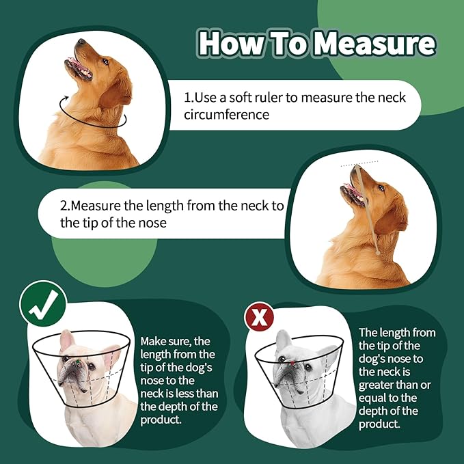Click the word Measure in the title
[375, 43]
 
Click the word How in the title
[229, 43]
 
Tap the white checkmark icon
[42, 304]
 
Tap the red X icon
[259, 317]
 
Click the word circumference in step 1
[226, 114]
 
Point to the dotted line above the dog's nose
[359, 162]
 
